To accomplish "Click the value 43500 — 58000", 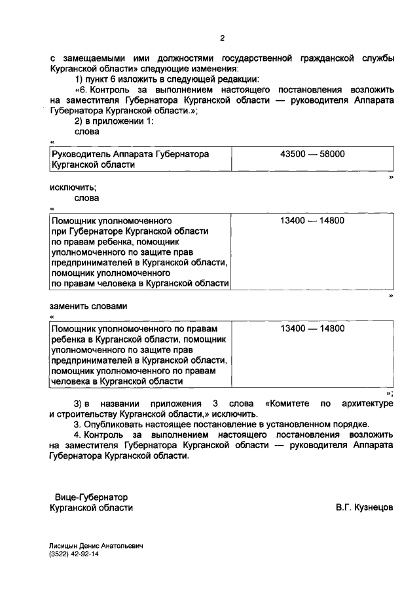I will click(x=312, y=153).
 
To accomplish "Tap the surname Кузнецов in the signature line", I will click(x=374, y=507).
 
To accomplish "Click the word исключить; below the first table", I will click(x=68, y=187).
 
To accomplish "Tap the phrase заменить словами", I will click(x=88, y=306).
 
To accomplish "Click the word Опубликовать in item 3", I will click(x=114, y=424).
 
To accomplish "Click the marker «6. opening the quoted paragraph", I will click(x=82, y=89).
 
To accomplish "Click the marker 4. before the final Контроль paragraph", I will click(x=78, y=434).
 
